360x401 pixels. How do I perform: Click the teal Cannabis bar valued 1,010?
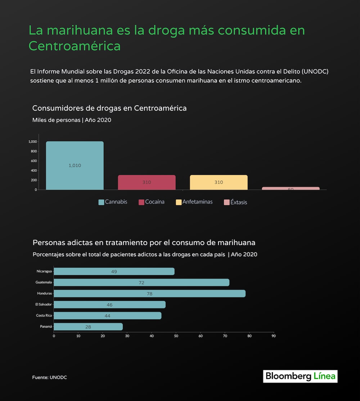pos(75,165)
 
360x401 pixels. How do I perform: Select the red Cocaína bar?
pos(147,182)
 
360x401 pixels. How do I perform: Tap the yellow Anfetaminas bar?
pos(219,182)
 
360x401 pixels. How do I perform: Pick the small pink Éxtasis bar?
pos(291,188)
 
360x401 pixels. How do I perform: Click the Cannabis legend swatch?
pos(101,202)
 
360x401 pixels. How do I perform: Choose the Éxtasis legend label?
pos(239,202)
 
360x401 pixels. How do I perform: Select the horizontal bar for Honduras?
pos(149,293)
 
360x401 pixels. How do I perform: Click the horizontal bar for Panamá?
pos(88,327)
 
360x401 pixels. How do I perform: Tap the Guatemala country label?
pos(44,282)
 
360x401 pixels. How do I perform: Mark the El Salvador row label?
pos(44,305)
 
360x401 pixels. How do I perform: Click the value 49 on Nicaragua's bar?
pos(114,271)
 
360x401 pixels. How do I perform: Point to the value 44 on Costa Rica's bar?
pos(107,316)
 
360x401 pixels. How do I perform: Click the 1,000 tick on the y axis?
pos(32,141)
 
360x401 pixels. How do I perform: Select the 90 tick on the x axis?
pos(274,336)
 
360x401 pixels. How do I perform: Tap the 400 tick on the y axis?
pos(33,170)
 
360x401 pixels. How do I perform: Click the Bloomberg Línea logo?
pos(300,377)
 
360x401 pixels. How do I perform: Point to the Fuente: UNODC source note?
pos(49,377)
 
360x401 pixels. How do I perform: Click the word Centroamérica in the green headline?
pos(75,46)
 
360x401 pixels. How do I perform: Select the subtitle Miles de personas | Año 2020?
pos(72,120)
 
